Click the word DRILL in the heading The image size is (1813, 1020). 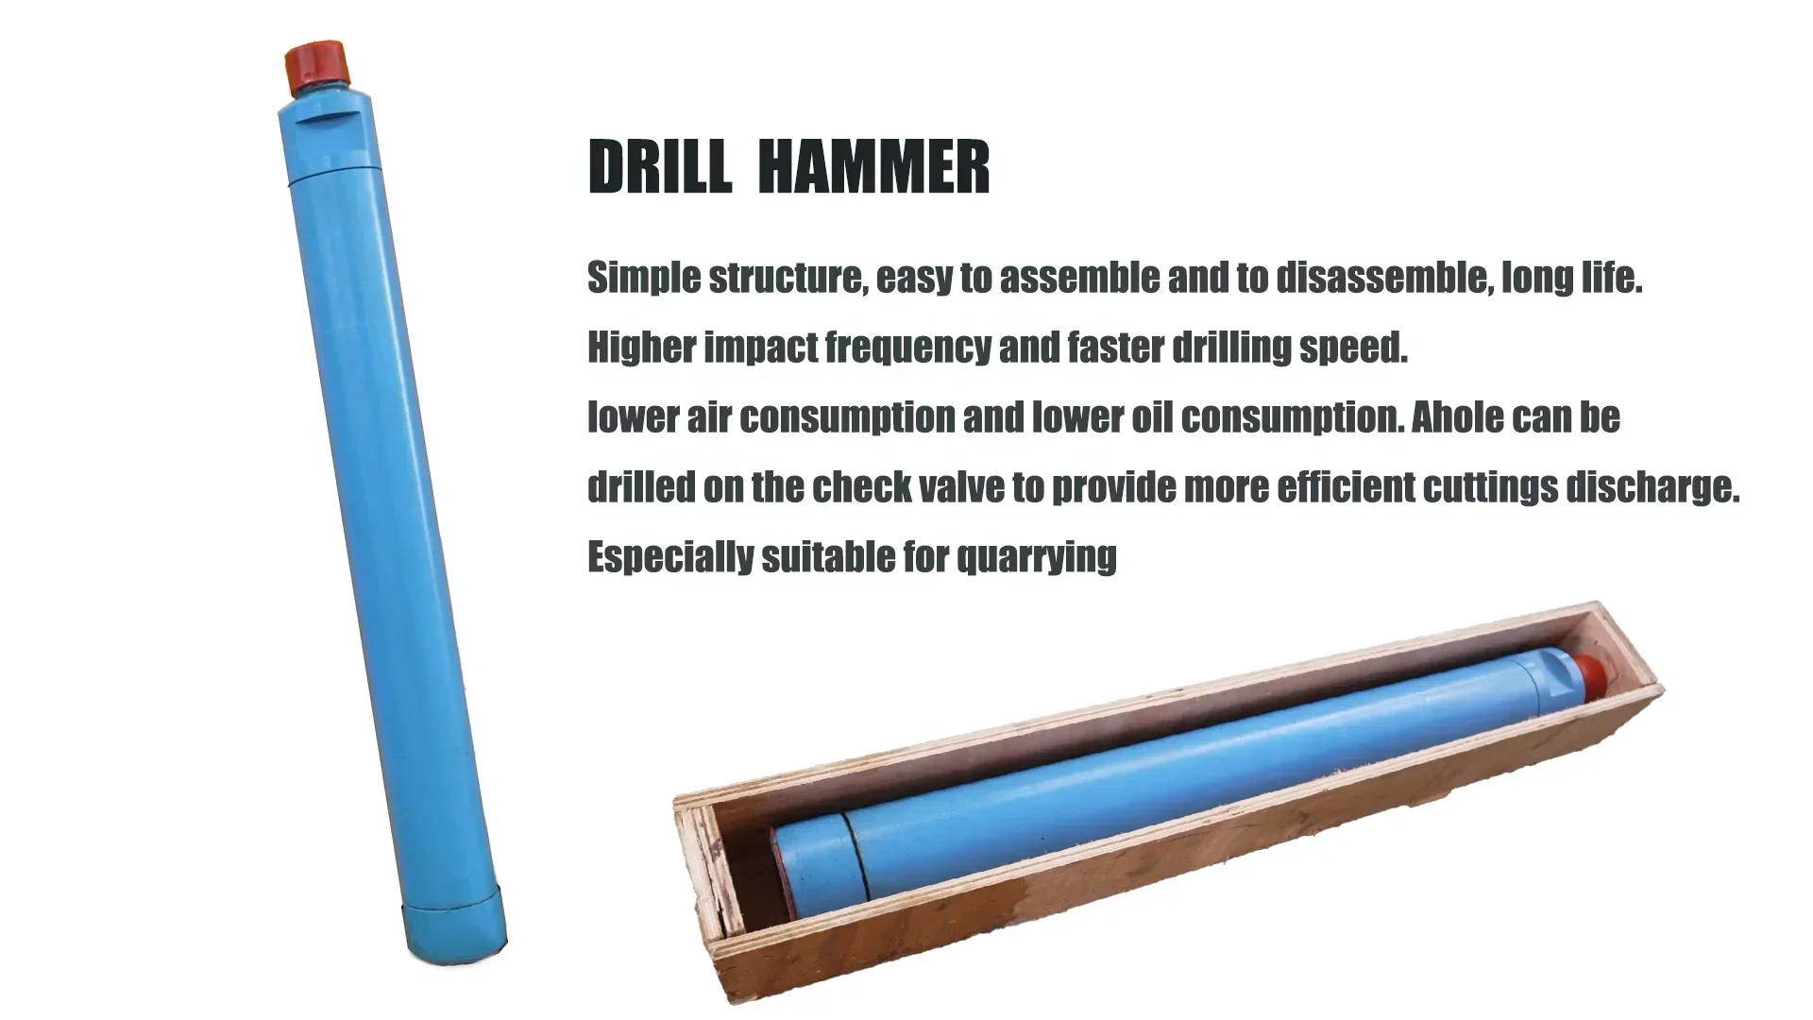659,167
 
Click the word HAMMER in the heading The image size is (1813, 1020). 873,167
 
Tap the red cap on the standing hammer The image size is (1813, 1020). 318,66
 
